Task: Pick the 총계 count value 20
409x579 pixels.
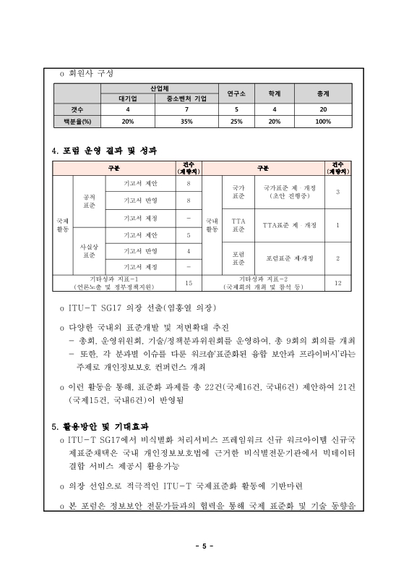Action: tap(322, 109)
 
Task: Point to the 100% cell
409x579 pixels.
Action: tap(322, 121)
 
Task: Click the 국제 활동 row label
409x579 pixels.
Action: tap(62, 224)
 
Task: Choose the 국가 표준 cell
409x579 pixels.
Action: tap(238, 191)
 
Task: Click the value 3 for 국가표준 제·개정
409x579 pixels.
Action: tap(337, 191)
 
